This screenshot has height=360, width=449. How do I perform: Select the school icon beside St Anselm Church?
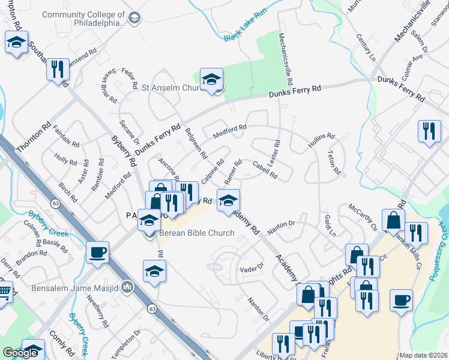[x=211, y=80]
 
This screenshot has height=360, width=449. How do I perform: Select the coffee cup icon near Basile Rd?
[x=97, y=253]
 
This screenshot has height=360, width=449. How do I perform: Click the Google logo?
[x=20, y=353]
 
